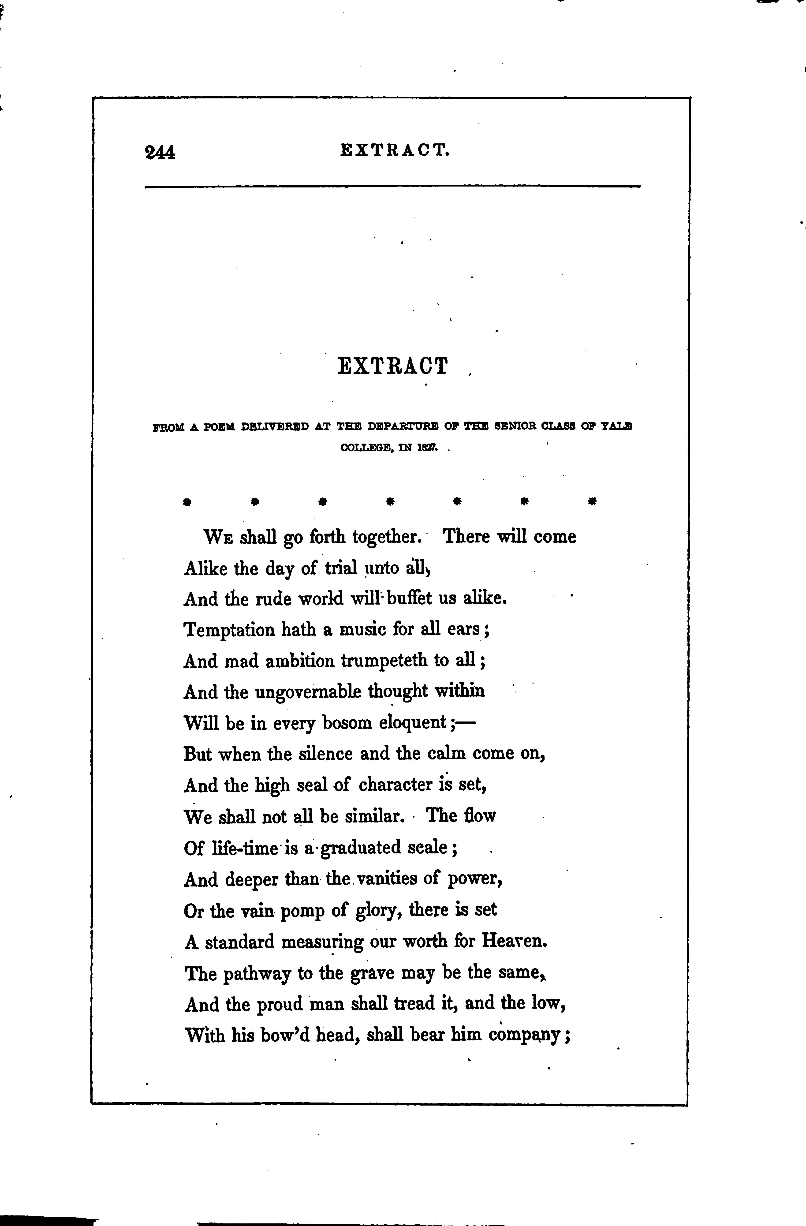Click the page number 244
(x=160, y=153)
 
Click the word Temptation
(x=229, y=630)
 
